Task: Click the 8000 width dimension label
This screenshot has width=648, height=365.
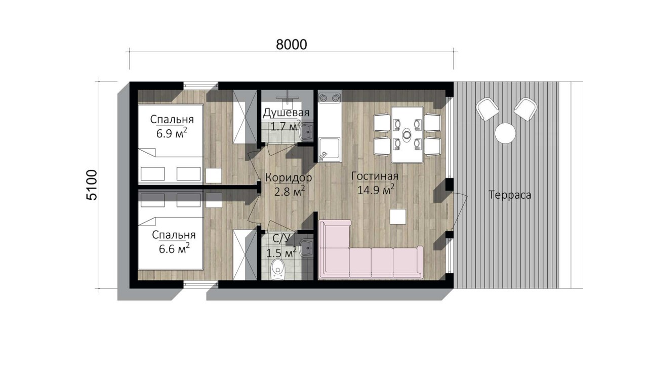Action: click(x=291, y=45)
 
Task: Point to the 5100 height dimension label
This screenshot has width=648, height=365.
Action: click(x=92, y=185)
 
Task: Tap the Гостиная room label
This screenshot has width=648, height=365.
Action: click(x=375, y=176)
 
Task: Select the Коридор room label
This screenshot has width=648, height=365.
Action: click(x=289, y=177)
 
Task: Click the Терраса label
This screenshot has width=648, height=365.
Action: click(x=510, y=195)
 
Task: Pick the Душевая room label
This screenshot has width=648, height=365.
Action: click(x=286, y=113)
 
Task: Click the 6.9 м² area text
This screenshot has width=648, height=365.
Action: click(x=172, y=133)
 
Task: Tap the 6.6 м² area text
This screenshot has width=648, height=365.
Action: click(x=174, y=249)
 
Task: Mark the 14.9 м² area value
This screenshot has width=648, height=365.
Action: click(x=376, y=190)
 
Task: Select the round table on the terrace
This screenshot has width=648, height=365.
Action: click(x=505, y=133)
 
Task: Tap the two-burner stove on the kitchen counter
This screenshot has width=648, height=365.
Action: click(x=330, y=98)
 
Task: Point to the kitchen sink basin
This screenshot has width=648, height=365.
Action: click(x=330, y=150)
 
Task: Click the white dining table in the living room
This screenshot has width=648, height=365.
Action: click(x=408, y=135)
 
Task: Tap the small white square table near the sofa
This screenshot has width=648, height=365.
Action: click(x=398, y=216)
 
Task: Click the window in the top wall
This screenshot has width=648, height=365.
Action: click(x=201, y=86)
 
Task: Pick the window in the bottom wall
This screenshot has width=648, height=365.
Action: click(x=201, y=284)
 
